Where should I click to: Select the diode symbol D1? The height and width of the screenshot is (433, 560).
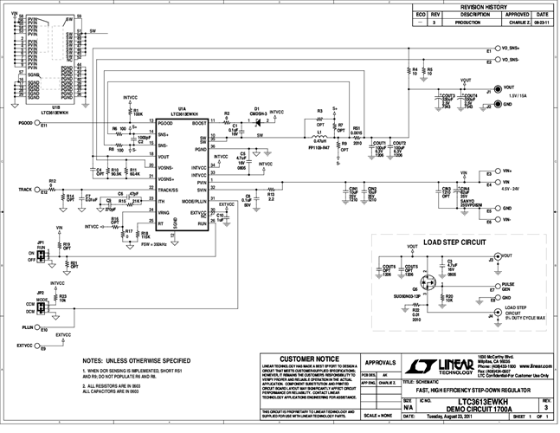(x=257, y=122)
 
